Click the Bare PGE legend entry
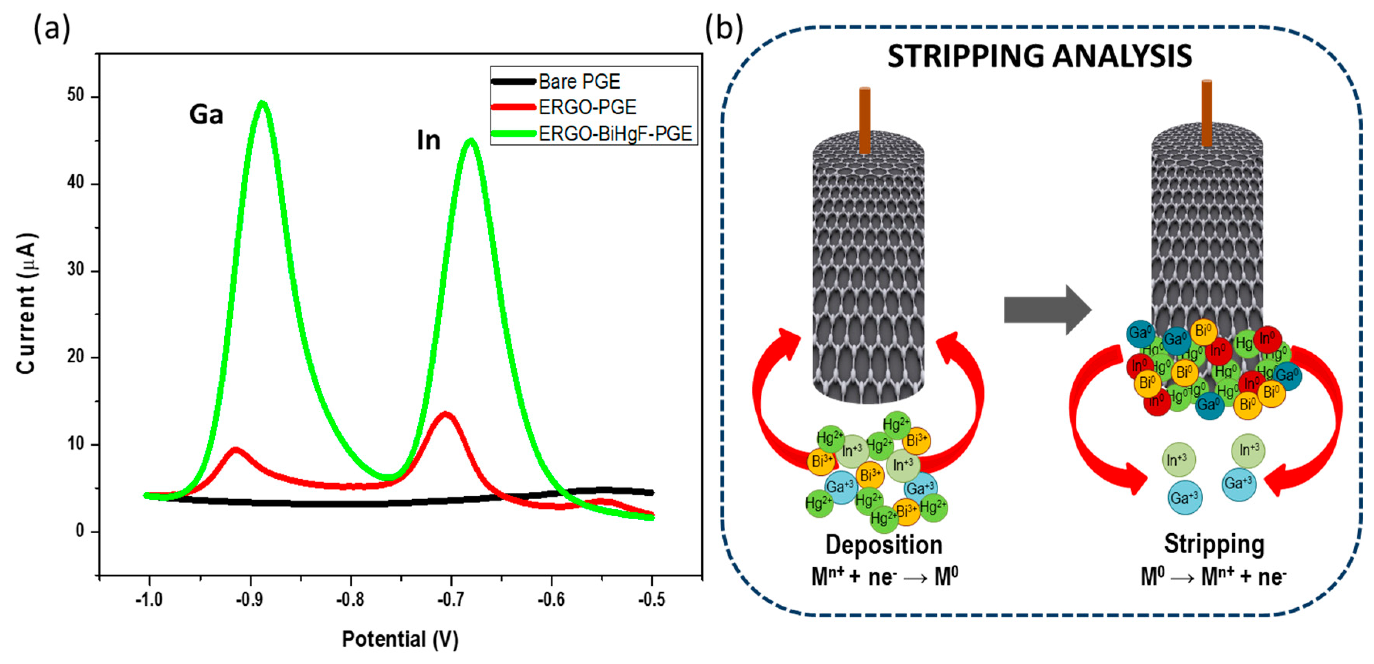pos(579,81)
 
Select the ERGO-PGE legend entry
pos(587,107)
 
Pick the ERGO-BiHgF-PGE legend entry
pos(615,133)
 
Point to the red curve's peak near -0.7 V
pos(446,414)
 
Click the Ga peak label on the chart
pos(206,115)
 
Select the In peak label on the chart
pos(428,141)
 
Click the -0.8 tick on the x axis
pos(350,600)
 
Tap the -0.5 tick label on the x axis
pos(652,600)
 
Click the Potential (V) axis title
pos(400,639)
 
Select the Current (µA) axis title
pos(27,304)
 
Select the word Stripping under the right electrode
pos(1214,544)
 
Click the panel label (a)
pos(52,28)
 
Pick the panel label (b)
pos(724,28)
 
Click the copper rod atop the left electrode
pos(865,120)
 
